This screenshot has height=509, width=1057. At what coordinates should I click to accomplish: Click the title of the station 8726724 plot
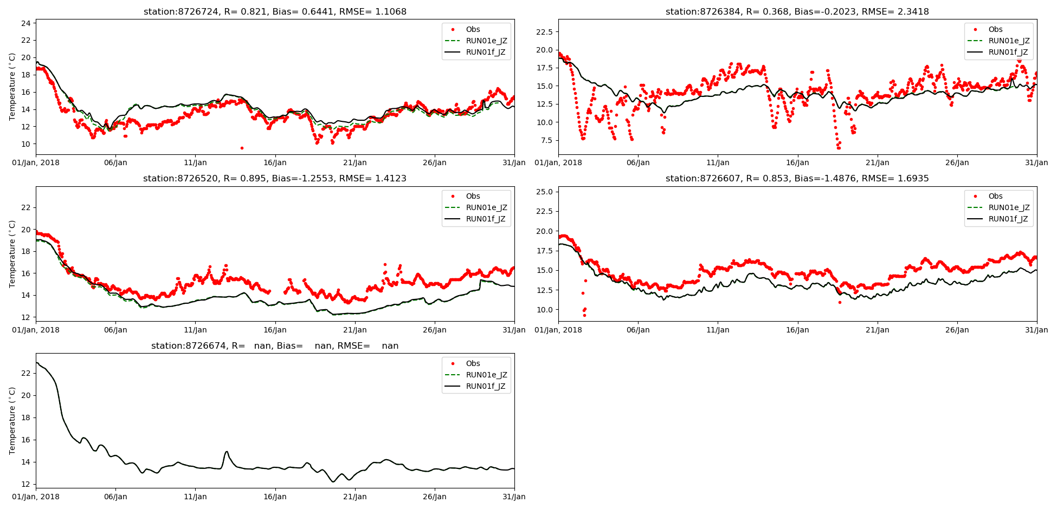pos(275,11)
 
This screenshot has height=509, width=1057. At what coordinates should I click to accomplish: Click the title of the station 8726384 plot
pos(797,11)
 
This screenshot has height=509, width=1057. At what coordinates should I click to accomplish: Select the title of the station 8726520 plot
pos(275,178)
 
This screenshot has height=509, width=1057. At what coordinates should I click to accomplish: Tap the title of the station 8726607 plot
pos(797,178)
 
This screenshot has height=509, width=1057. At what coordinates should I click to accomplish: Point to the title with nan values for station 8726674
pos(275,345)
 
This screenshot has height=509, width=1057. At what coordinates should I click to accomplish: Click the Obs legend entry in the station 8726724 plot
pos(473,29)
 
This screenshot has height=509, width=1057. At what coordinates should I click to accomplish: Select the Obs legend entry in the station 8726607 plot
pos(995,196)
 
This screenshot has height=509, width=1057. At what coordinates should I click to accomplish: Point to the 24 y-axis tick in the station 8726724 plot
pos(25,23)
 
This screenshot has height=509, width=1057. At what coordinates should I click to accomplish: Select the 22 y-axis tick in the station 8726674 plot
pos(25,373)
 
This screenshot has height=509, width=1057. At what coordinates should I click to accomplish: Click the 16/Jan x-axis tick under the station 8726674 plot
pos(275,497)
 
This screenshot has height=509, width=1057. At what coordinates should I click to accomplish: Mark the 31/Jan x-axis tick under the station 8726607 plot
pos(1036,330)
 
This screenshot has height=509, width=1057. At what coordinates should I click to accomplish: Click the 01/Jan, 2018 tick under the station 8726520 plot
pos(36,330)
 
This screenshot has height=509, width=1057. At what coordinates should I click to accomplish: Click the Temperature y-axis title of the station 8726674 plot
pos(12,421)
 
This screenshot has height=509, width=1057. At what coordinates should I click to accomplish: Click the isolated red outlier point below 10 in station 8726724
pos(242,148)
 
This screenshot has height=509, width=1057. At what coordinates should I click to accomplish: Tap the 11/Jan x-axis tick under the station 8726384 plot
pos(718,162)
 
